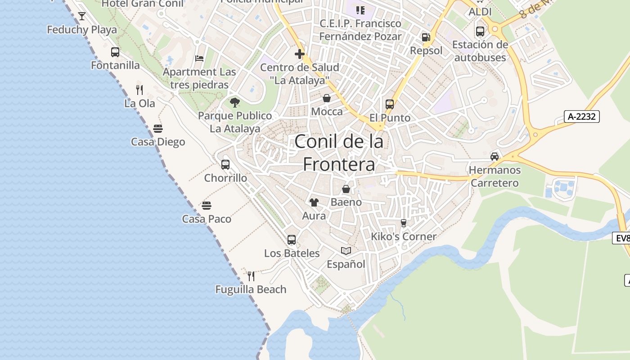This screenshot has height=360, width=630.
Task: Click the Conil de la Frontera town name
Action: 339,153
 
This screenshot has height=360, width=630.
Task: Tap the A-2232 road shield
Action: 582,117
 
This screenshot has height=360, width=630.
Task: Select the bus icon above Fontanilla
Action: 115,52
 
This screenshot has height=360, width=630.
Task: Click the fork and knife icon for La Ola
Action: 139,90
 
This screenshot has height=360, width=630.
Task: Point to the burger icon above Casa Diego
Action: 158,129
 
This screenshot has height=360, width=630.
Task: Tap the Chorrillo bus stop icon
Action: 225,165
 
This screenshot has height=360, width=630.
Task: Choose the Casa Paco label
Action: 207,219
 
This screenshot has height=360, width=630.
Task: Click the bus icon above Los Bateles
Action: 292,240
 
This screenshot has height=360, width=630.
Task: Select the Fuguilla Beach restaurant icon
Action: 251,276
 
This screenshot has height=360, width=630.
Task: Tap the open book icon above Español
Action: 346,251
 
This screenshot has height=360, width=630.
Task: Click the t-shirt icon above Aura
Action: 314,202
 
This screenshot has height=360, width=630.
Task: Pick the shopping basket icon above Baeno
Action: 346,189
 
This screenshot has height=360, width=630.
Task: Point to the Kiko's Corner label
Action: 404,236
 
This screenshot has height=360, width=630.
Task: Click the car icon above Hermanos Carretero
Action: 495,157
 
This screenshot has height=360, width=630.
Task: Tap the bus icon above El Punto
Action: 390,104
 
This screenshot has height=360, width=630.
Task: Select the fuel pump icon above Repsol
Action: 426,37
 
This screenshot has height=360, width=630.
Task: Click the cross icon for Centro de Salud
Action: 300,54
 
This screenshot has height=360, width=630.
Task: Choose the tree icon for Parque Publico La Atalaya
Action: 234,103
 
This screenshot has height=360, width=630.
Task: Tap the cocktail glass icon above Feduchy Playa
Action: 82,17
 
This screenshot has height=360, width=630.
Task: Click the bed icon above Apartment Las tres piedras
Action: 199,58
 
